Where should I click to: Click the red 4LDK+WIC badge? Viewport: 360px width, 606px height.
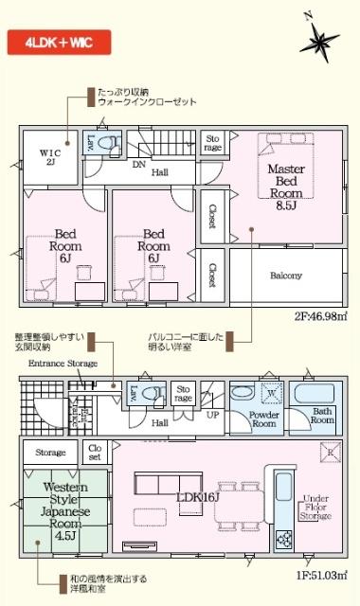pos(58,43)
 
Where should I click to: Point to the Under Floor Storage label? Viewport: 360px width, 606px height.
pos(315,508)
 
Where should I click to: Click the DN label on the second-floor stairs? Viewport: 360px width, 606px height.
pos(137,164)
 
